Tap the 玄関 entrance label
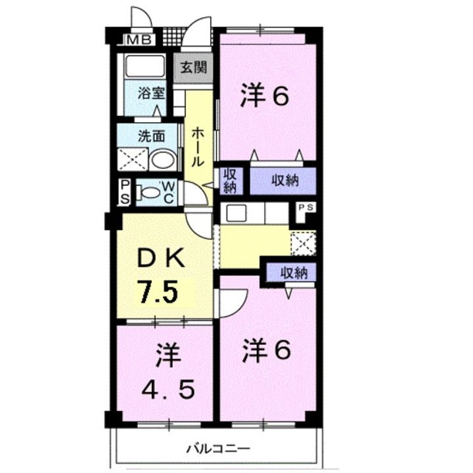click(194, 68)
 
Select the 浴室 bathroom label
click(151, 93)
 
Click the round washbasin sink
click(162, 160)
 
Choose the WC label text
click(168, 192)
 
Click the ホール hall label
click(198, 146)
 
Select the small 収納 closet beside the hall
click(229, 180)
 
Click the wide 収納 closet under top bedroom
click(283, 181)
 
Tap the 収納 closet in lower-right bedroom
click(290, 272)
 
